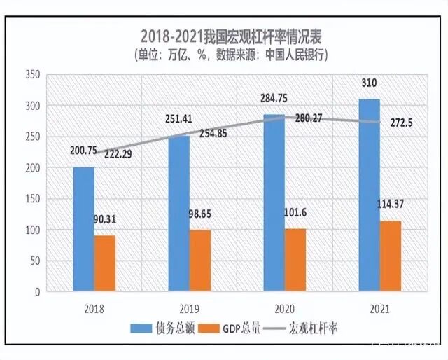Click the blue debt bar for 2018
84,229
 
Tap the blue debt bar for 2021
370,195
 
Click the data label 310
370,83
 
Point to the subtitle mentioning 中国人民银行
230,53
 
